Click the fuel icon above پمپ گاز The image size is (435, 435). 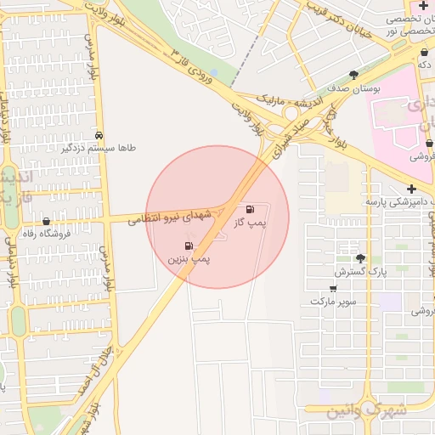(x=249, y=209)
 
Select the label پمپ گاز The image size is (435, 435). (x=251, y=223)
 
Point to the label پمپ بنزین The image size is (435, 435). (x=189, y=257)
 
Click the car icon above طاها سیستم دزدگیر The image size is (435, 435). (x=100, y=135)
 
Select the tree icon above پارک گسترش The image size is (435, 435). (x=360, y=258)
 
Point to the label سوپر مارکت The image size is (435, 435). (x=333, y=302)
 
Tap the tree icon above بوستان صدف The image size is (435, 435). (x=353, y=75)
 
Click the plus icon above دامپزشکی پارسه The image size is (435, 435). (x=411, y=189)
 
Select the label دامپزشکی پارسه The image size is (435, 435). (x=398, y=202)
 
